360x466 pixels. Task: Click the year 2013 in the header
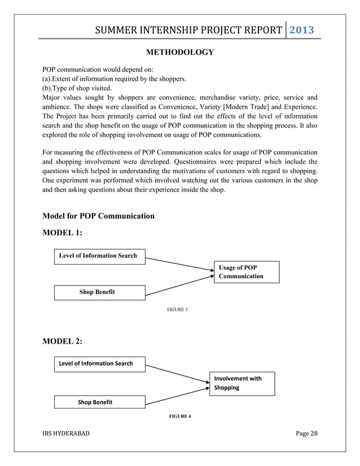pos(301,30)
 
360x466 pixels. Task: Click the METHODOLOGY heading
pos(179,52)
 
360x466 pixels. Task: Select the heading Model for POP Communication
pos(98,216)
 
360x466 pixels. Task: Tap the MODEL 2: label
pos(63,341)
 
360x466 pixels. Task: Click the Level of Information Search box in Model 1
pos(99,256)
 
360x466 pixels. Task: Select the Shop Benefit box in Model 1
pos(99,292)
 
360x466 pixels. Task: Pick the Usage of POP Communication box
pos(246,271)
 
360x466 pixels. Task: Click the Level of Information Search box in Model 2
pos(99,363)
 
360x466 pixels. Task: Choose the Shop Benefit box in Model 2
pos(99,402)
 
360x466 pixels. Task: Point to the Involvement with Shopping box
pos(242,383)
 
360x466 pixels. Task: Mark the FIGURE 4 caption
pos(180,416)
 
